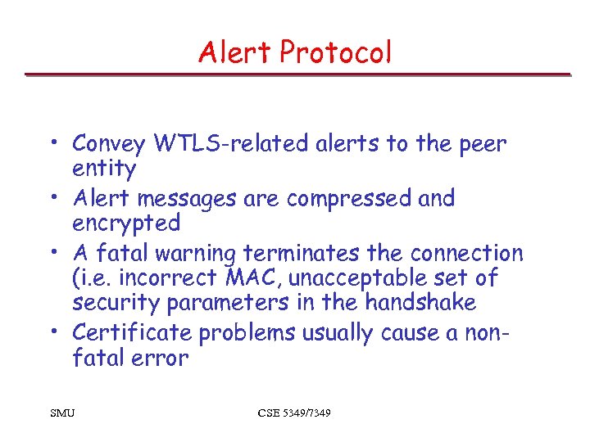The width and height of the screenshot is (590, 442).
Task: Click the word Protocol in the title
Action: point(335,52)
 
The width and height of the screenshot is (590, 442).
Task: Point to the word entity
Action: point(104,169)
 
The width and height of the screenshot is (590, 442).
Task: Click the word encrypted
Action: point(125,223)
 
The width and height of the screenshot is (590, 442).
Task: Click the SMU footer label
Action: point(61,413)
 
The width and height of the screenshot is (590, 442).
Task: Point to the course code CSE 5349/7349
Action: point(294,413)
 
